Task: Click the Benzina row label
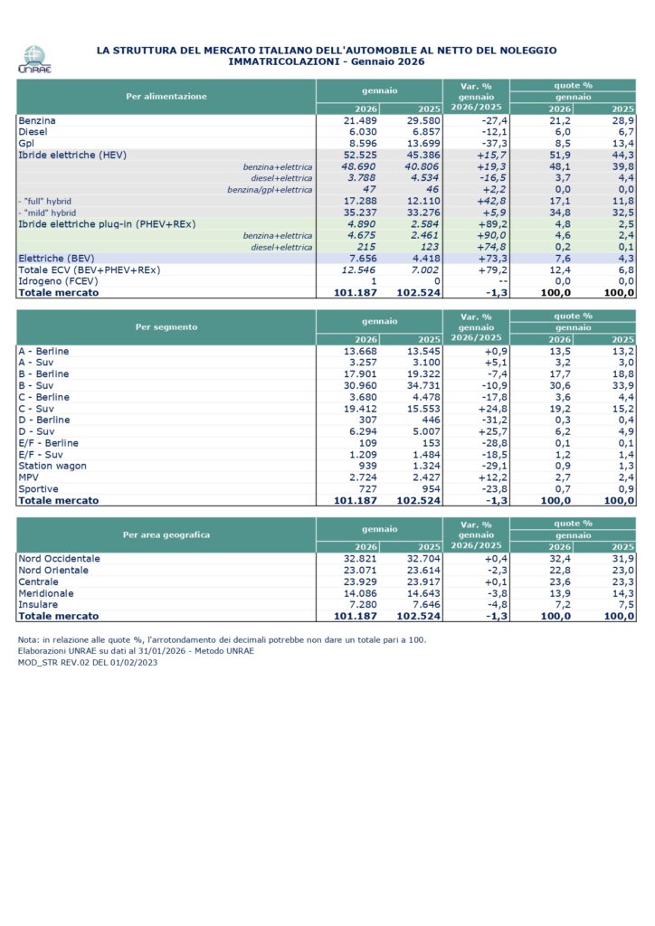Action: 37,120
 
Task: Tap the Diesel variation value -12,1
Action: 487,132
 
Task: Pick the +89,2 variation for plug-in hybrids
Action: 486,222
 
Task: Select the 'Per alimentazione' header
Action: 166,96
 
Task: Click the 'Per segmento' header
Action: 166,326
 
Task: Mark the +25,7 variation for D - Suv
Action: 486,431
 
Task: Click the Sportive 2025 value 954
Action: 425,488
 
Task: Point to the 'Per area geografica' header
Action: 166,534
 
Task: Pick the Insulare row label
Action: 38,604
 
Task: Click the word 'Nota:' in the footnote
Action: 29,639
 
